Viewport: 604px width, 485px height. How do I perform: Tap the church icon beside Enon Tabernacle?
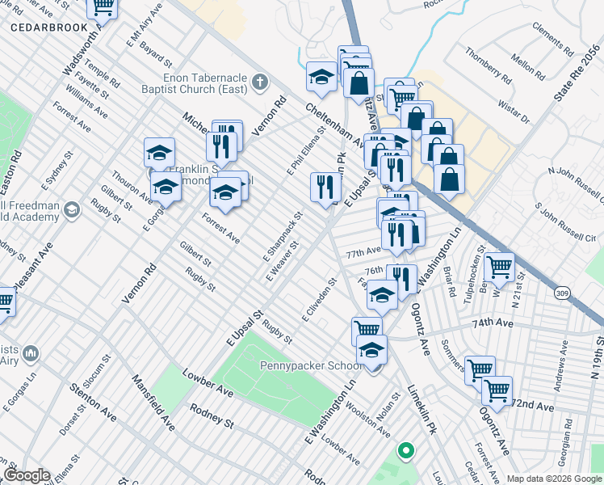259,81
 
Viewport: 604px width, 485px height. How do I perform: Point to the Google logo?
26,475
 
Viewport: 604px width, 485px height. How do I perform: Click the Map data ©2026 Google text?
553,479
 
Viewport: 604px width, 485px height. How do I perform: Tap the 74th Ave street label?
493,322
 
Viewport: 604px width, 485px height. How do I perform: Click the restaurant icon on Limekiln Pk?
323,187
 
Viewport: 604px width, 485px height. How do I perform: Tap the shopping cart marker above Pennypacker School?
366,329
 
